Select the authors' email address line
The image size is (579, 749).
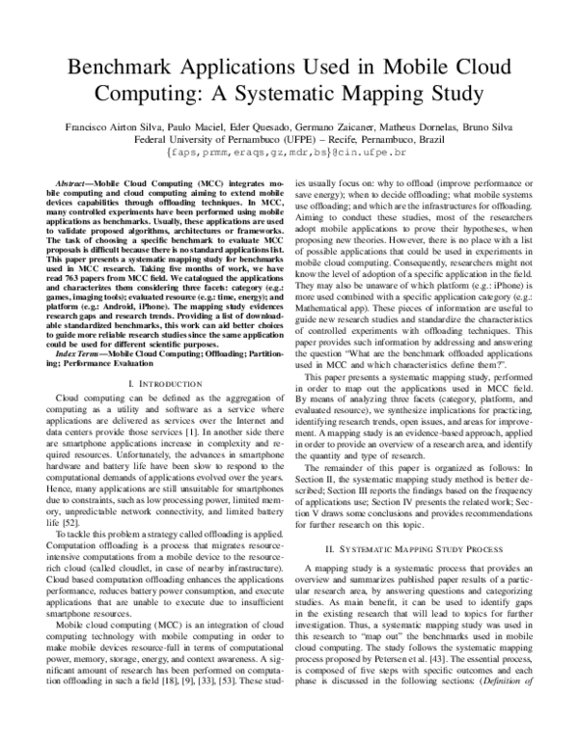[x=289, y=153]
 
